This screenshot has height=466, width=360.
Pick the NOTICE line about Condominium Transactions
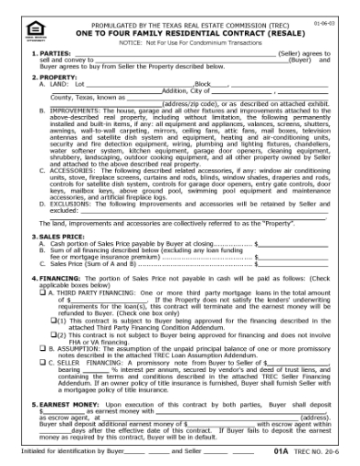click(x=181, y=42)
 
